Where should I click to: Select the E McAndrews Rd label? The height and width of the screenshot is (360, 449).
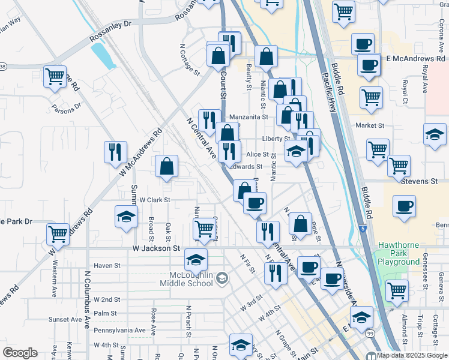(414, 58)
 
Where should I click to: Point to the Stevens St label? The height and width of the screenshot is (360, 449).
(420, 181)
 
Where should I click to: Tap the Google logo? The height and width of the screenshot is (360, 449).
(20, 353)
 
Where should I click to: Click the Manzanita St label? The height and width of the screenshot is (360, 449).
(247, 117)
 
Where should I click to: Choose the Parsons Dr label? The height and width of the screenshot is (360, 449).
(66, 109)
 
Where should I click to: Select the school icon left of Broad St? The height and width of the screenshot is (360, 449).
(126, 217)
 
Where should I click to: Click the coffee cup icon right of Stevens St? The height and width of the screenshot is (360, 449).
(403, 206)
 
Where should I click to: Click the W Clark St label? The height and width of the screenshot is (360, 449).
(155, 200)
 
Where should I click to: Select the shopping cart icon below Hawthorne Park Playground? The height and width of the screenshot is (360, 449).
(397, 290)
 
